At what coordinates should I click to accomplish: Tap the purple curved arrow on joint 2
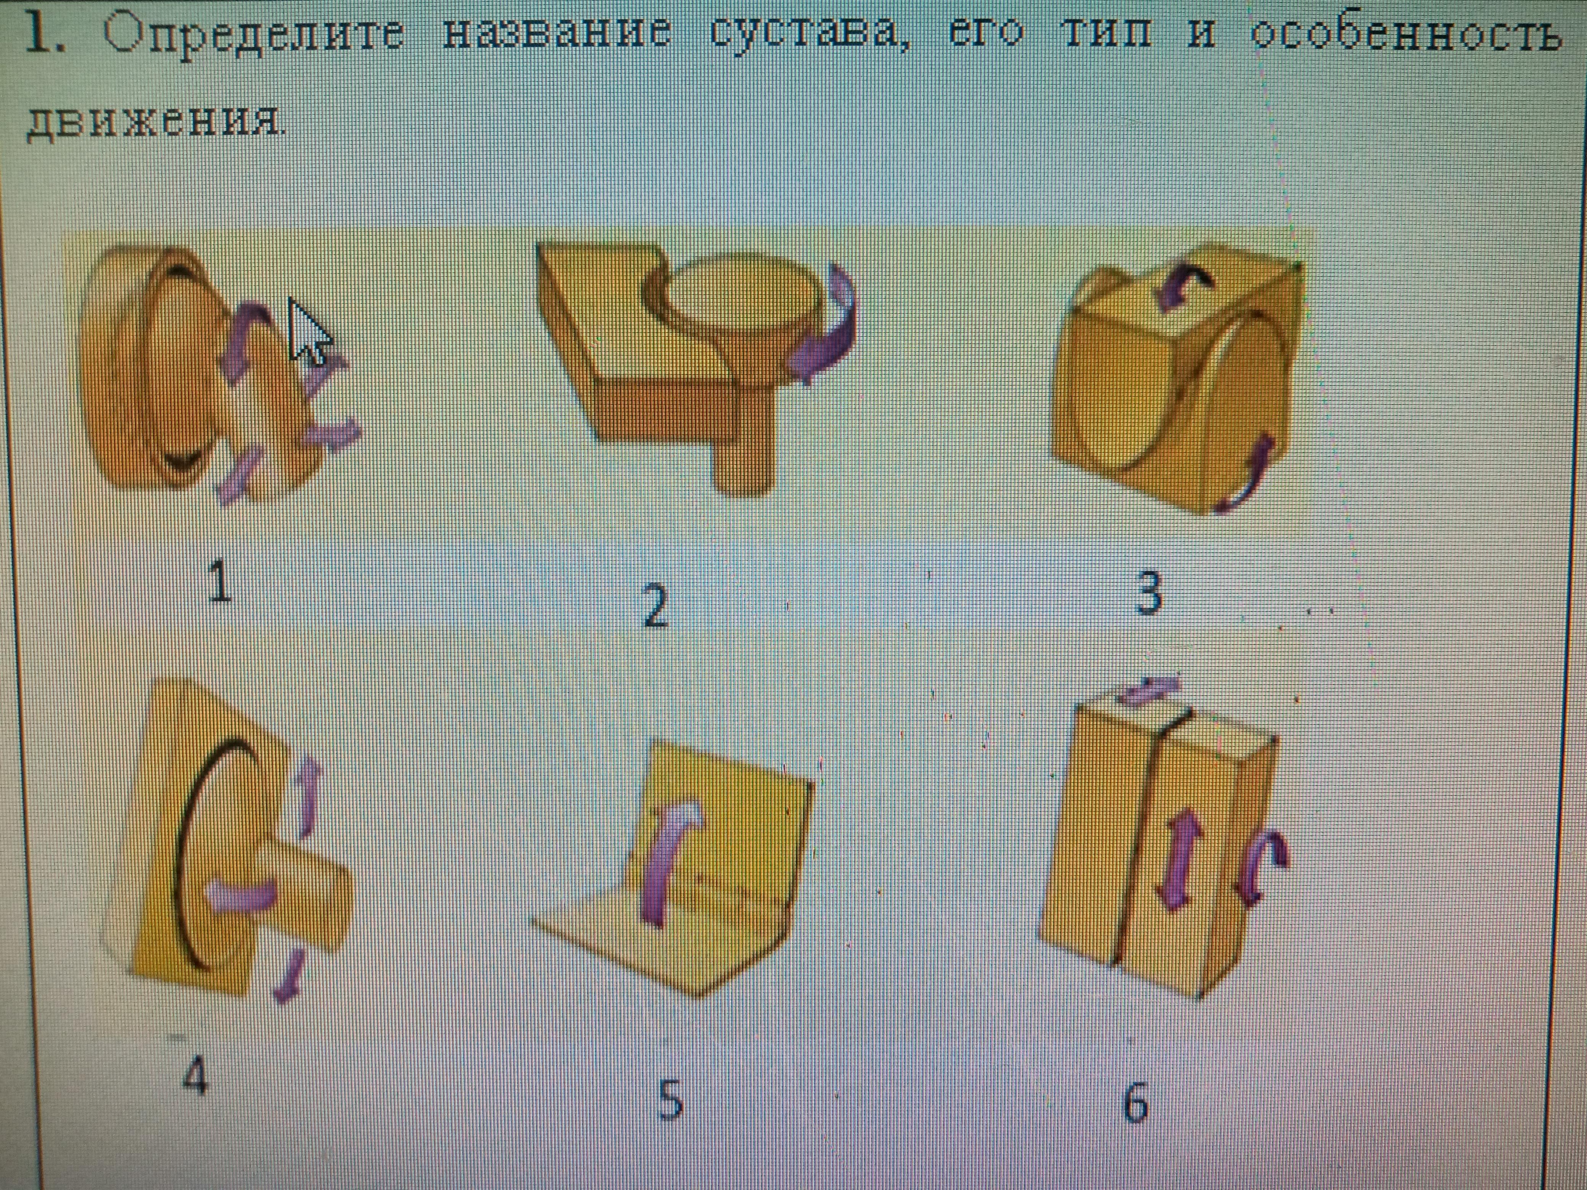coord(825,323)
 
